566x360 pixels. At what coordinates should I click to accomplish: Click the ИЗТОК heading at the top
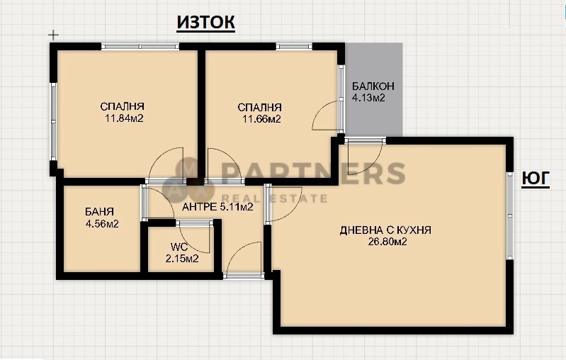[205, 23]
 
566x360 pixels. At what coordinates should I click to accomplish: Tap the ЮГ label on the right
[536, 179]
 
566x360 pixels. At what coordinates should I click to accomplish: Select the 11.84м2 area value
[124, 119]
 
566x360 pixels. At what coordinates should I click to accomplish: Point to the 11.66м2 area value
[259, 119]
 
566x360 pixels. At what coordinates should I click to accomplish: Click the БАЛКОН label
[373, 86]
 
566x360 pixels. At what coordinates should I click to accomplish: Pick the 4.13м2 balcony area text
[368, 98]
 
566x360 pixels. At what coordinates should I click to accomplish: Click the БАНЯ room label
[99, 212]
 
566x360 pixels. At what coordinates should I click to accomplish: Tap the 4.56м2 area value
[101, 224]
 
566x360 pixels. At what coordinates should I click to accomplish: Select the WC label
[178, 247]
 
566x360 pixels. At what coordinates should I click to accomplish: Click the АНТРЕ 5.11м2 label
[217, 208]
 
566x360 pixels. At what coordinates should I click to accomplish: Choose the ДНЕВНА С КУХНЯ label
[385, 230]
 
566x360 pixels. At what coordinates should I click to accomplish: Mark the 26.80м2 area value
[387, 242]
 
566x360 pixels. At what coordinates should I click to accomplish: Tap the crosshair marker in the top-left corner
[53, 34]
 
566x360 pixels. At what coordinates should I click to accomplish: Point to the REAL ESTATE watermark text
[275, 199]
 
